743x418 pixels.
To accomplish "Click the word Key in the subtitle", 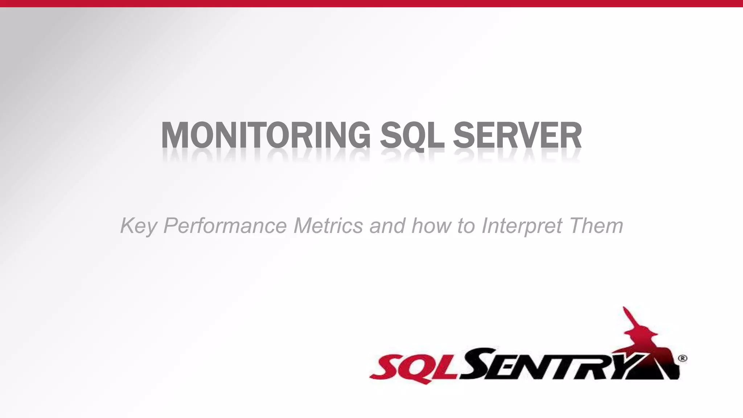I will click(x=138, y=226).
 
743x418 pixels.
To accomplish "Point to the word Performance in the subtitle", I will click(x=225, y=226).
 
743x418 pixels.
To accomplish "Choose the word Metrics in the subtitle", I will click(x=328, y=226).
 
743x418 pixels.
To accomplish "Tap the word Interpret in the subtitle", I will click(x=522, y=226).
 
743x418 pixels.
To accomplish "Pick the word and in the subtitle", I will click(x=387, y=226).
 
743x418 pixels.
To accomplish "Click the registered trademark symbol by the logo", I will click(x=682, y=358).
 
